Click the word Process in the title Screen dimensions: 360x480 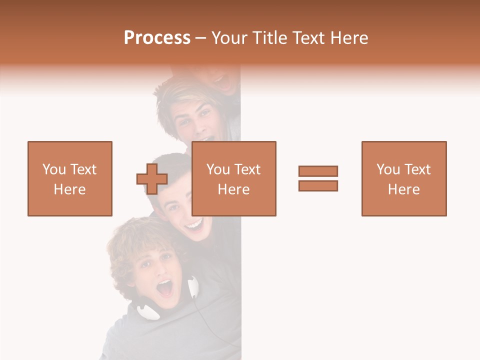(157, 38)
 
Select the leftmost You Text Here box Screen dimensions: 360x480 (70, 178)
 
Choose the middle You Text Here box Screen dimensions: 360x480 (234, 178)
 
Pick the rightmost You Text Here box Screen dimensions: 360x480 (404, 178)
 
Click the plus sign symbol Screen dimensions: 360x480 (152, 178)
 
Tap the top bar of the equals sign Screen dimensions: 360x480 (318, 171)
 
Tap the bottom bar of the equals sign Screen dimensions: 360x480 (318, 185)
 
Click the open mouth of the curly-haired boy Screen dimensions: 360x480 (164, 287)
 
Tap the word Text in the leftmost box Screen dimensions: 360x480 (82, 169)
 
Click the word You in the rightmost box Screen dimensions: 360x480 (388, 169)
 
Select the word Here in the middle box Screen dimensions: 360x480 (234, 189)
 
